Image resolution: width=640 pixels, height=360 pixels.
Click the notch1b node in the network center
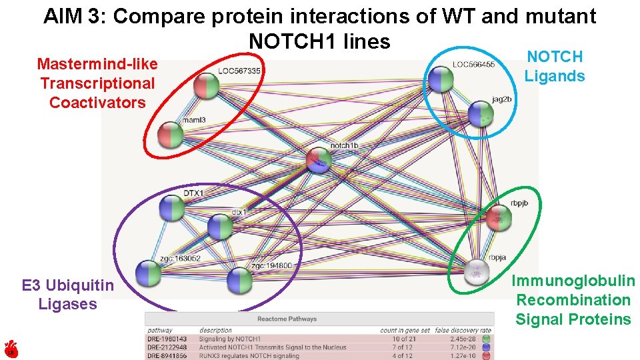click(x=319, y=161)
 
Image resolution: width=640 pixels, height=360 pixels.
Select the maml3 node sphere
click(x=170, y=135)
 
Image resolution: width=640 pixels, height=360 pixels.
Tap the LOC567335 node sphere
click(x=207, y=87)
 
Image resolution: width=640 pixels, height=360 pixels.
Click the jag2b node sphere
click(x=480, y=114)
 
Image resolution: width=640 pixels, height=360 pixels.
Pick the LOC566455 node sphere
click(x=441, y=80)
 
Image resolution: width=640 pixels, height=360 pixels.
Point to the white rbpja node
click(x=477, y=271)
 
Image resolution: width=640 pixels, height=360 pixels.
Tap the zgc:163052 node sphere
click(x=149, y=273)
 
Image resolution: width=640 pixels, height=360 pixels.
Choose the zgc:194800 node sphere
click(x=239, y=280)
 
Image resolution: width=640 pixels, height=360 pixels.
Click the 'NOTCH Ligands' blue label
click(x=554, y=67)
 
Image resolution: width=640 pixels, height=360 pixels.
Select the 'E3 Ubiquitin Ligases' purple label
click(x=67, y=295)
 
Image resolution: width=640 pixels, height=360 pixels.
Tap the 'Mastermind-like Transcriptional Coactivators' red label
click(x=97, y=83)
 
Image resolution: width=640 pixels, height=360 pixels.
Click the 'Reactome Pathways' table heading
click(x=287, y=319)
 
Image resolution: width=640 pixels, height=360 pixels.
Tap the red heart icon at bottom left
click(x=10, y=349)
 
